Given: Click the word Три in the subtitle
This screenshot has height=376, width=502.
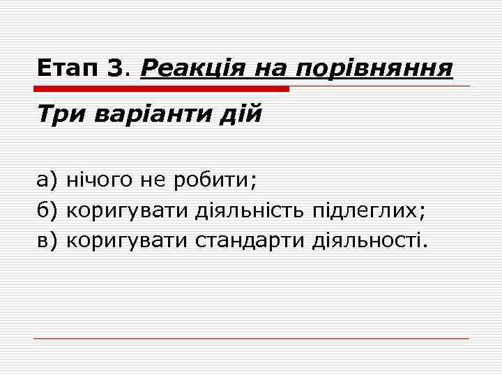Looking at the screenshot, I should pos(59,113).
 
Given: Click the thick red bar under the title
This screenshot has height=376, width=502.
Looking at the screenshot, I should pos(161,89).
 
